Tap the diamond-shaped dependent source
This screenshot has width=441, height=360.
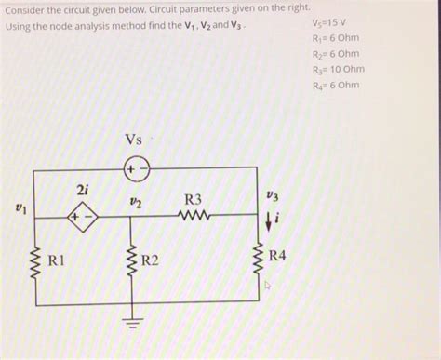pyautogui.click(x=83, y=217)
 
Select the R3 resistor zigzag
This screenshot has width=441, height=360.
pyautogui.click(x=194, y=215)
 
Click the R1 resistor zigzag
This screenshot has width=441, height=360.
pyautogui.click(x=37, y=261)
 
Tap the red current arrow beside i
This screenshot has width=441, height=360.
pyautogui.click(x=269, y=222)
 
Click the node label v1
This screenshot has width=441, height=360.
pyautogui.click(x=21, y=208)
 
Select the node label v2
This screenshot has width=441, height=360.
pyautogui.click(x=136, y=202)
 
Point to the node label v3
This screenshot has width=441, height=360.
pyautogui.click(x=272, y=195)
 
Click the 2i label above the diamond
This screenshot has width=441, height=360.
pyautogui.click(x=83, y=190)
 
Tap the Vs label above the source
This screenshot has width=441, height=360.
pyautogui.click(x=134, y=140)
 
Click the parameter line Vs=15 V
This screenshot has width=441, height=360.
pyautogui.click(x=329, y=23)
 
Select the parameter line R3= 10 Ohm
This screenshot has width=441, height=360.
pyautogui.click(x=339, y=70)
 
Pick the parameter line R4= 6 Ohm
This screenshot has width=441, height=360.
pyautogui.click(x=336, y=85)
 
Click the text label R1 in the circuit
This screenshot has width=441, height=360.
pyautogui.click(x=56, y=260)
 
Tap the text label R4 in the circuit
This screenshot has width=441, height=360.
pyautogui.click(x=277, y=256)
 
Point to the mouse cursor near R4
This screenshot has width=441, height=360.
pyautogui.click(x=267, y=286)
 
